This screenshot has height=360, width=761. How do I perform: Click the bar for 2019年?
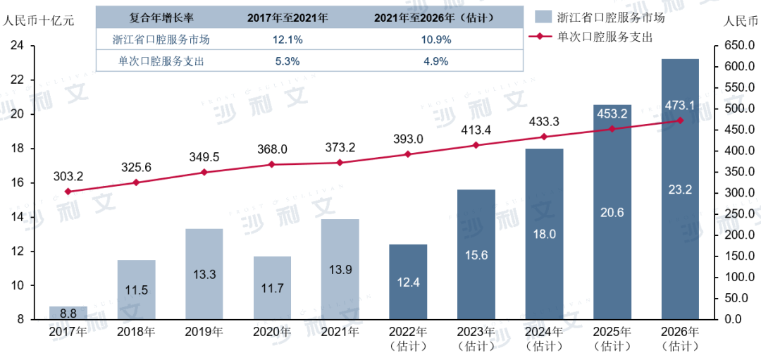pyautogui.click(x=204, y=274)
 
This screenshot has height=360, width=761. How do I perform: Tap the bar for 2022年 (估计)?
pyautogui.click(x=408, y=282)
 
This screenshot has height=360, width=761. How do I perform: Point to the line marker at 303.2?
pyautogui.click(x=68, y=192)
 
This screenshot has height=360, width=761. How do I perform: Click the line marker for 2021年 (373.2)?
pyautogui.click(x=340, y=163)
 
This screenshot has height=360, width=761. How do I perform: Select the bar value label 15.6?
pyautogui.click(x=476, y=255)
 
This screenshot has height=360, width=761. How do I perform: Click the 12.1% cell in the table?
pyautogui.click(x=287, y=39)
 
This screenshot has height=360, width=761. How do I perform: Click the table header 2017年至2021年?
pyautogui.click(x=287, y=18)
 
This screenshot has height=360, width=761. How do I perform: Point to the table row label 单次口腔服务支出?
pyautogui.click(x=161, y=61)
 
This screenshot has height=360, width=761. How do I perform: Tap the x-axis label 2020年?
pyautogui.click(x=272, y=332)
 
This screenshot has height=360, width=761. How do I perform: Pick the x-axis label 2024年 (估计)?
pyautogui.click(x=544, y=338)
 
